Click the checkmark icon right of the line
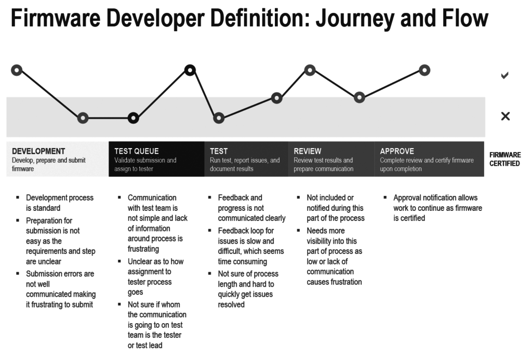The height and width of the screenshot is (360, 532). point(504,75)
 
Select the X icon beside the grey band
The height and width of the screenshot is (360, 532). point(505,116)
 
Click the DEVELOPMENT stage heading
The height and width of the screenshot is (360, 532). point(38,151)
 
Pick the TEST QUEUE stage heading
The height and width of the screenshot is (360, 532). point(137,151)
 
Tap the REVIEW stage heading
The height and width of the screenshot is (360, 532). point(308,151)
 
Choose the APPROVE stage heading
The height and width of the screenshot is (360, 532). point(397,151)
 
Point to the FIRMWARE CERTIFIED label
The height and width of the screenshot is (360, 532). point(504,159)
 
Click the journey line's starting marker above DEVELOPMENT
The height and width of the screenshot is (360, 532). point(17,70)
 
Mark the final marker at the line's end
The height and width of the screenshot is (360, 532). point(424,70)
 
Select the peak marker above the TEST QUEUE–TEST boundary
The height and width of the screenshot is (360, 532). point(190,70)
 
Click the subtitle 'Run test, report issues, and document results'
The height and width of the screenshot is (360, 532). point(245,165)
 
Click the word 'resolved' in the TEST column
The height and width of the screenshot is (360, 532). point(231,305)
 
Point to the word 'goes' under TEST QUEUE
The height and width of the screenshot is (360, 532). point(136,292)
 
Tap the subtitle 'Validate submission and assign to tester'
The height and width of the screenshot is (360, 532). point(145,165)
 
